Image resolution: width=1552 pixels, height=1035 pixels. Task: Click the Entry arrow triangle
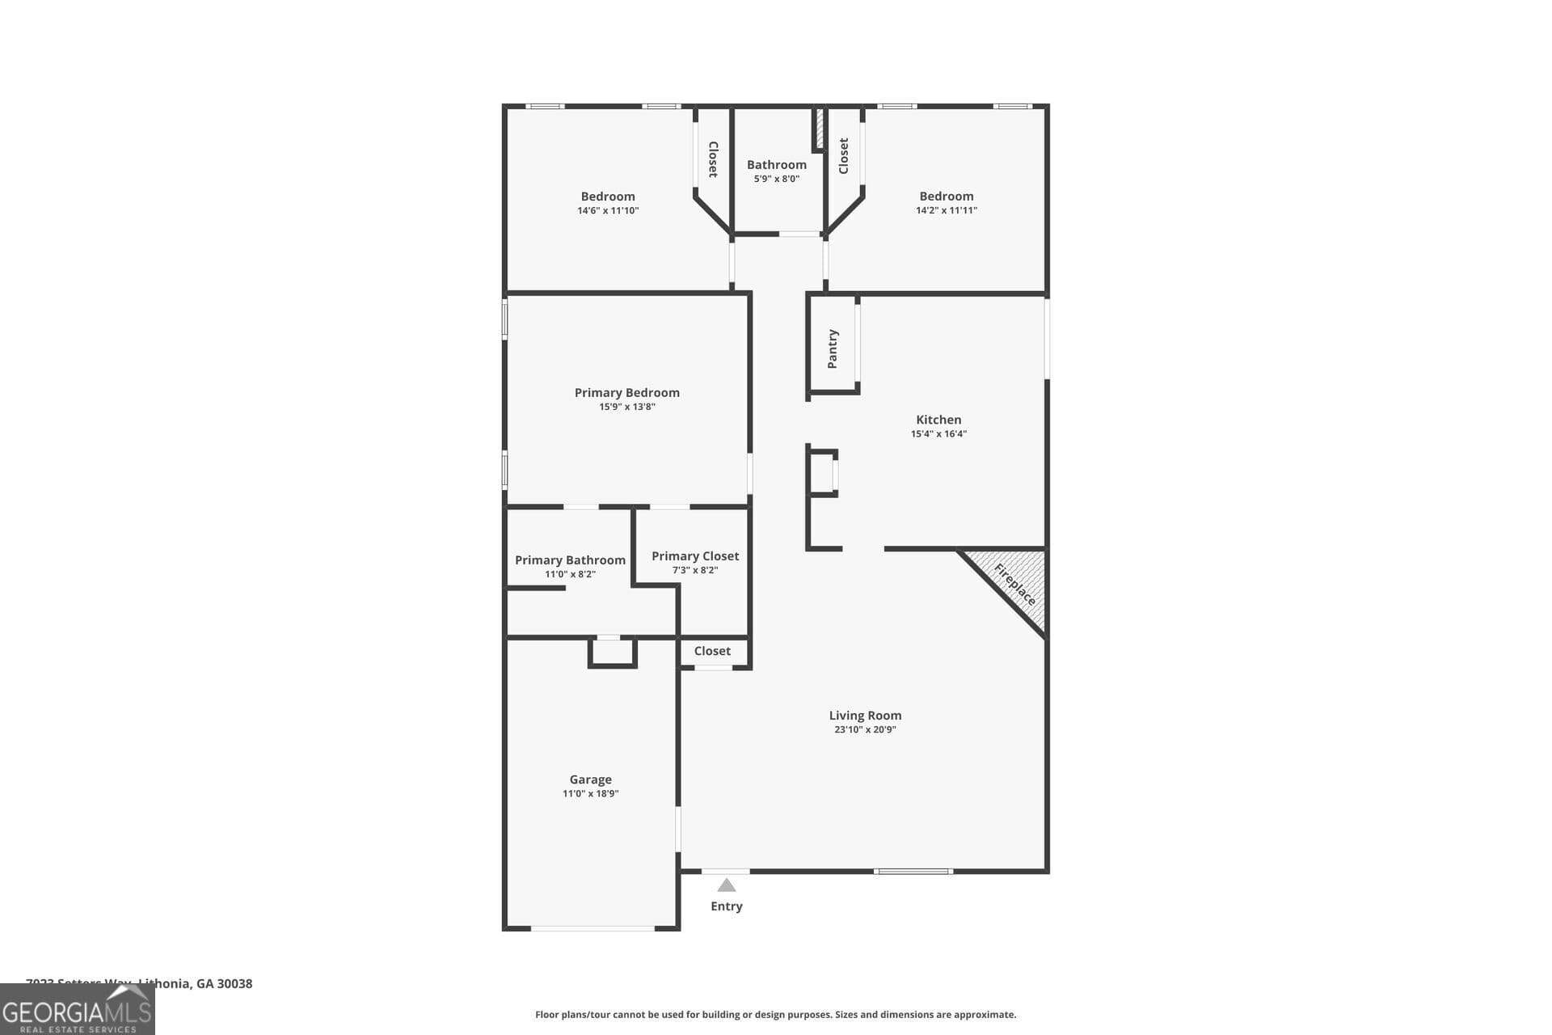[727, 885]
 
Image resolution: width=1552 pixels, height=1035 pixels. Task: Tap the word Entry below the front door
[727, 906]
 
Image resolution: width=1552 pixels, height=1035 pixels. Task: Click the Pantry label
[833, 349]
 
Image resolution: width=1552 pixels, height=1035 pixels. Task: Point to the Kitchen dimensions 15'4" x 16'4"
[938, 434]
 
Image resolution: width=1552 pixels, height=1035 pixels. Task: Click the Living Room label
[865, 716]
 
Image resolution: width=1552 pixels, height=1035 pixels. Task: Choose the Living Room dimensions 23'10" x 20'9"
[865, 729]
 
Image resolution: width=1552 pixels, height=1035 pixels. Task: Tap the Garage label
[590, 779]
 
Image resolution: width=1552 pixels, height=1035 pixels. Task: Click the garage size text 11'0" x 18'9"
[590, 794]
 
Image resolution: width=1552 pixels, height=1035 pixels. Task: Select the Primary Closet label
[695, 556]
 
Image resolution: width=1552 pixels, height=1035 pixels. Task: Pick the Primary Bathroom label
[570, 560]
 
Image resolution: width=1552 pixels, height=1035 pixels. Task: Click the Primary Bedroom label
[626, 393]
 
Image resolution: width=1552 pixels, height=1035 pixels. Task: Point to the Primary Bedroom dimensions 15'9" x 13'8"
[626, 407]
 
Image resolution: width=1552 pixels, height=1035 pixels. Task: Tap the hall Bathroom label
[776, 165]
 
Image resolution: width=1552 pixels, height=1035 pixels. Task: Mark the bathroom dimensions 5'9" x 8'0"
[776, 179]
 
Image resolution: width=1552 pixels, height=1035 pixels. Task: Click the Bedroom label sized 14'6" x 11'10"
[608, 196]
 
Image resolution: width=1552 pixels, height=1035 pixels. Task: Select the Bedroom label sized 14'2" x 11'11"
[946, 196]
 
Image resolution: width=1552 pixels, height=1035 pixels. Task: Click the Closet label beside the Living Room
[712, 651]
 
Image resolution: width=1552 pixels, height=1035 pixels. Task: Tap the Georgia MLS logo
[77, 1011]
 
